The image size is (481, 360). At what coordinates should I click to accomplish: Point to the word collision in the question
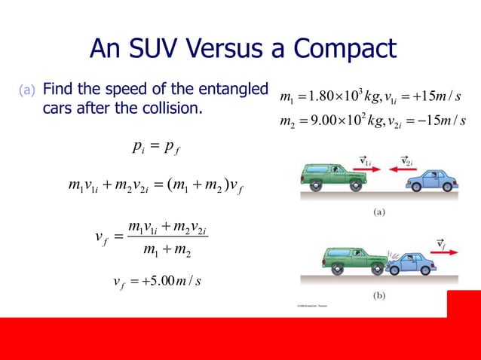coord(168,108)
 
